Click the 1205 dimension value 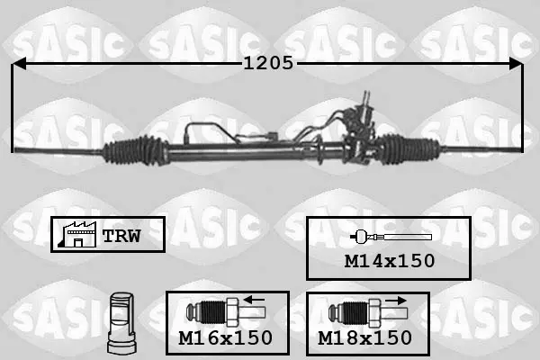268,63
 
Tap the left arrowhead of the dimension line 19,64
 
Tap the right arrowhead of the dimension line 516,64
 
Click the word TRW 121,236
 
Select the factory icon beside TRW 77,234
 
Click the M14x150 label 390,261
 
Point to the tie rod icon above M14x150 391,237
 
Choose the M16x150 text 226,337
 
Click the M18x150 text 364,337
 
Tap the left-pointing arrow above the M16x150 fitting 254,300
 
